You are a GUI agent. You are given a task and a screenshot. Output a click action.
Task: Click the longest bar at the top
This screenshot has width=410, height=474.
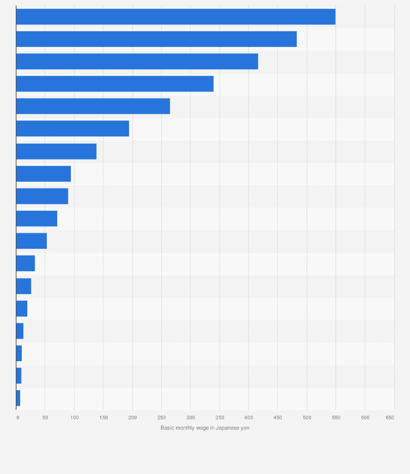click(x=175, y=17)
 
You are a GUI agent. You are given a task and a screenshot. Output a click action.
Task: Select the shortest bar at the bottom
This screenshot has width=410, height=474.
click(x=18, y=398)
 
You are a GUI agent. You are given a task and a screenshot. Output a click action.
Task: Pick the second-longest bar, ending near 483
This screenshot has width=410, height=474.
click(x=156, y=39)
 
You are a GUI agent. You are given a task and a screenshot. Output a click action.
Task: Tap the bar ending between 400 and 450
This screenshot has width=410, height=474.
click(x=136, y=62)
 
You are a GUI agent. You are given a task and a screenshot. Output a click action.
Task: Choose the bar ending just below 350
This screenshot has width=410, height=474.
click(x=114, y=84)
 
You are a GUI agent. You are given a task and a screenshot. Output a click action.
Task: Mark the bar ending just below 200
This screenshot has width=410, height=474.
click(x=72, y=129)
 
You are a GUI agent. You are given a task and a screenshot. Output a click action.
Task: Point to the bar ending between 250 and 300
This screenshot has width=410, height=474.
click(x=92, y=106)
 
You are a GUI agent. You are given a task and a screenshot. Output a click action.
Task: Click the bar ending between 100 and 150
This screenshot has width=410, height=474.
click(x=56, y=151)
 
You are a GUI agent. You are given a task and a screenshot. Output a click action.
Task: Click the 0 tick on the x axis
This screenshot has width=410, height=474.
click(x=18, y=417)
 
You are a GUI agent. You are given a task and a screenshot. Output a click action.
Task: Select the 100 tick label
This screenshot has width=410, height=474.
click(x=74, y=417)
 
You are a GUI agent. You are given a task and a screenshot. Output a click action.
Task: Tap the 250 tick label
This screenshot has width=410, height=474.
click(x=161, y=417)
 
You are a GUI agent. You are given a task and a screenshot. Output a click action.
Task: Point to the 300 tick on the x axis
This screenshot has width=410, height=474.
click(x=190, y=417)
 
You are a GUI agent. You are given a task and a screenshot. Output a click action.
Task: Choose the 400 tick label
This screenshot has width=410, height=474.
click(x=249, y=417)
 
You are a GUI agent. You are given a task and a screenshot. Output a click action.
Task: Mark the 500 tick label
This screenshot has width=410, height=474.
click(x=307, y=417)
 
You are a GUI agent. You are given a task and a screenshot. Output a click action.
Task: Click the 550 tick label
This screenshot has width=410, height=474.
click(x=336, y=417)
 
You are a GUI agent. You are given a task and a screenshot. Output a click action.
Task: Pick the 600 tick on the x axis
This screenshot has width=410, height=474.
click(x=365, y=417)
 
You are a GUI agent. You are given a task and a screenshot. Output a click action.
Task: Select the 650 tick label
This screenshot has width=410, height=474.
click(x=390, y=417)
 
